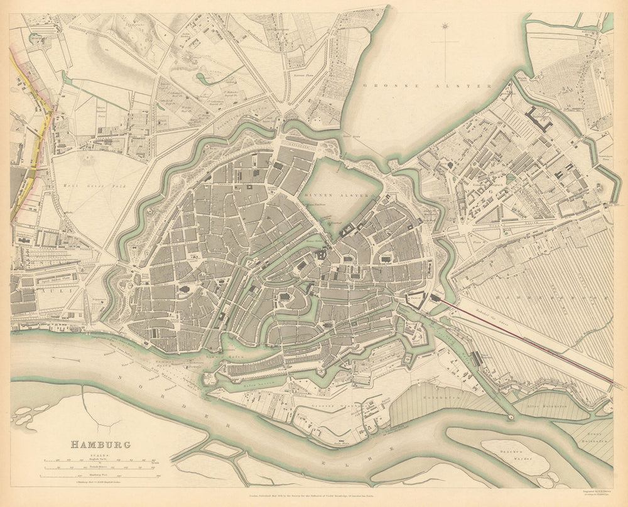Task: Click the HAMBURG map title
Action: tap(100, 445)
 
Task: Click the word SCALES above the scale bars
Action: tap(100, 454)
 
